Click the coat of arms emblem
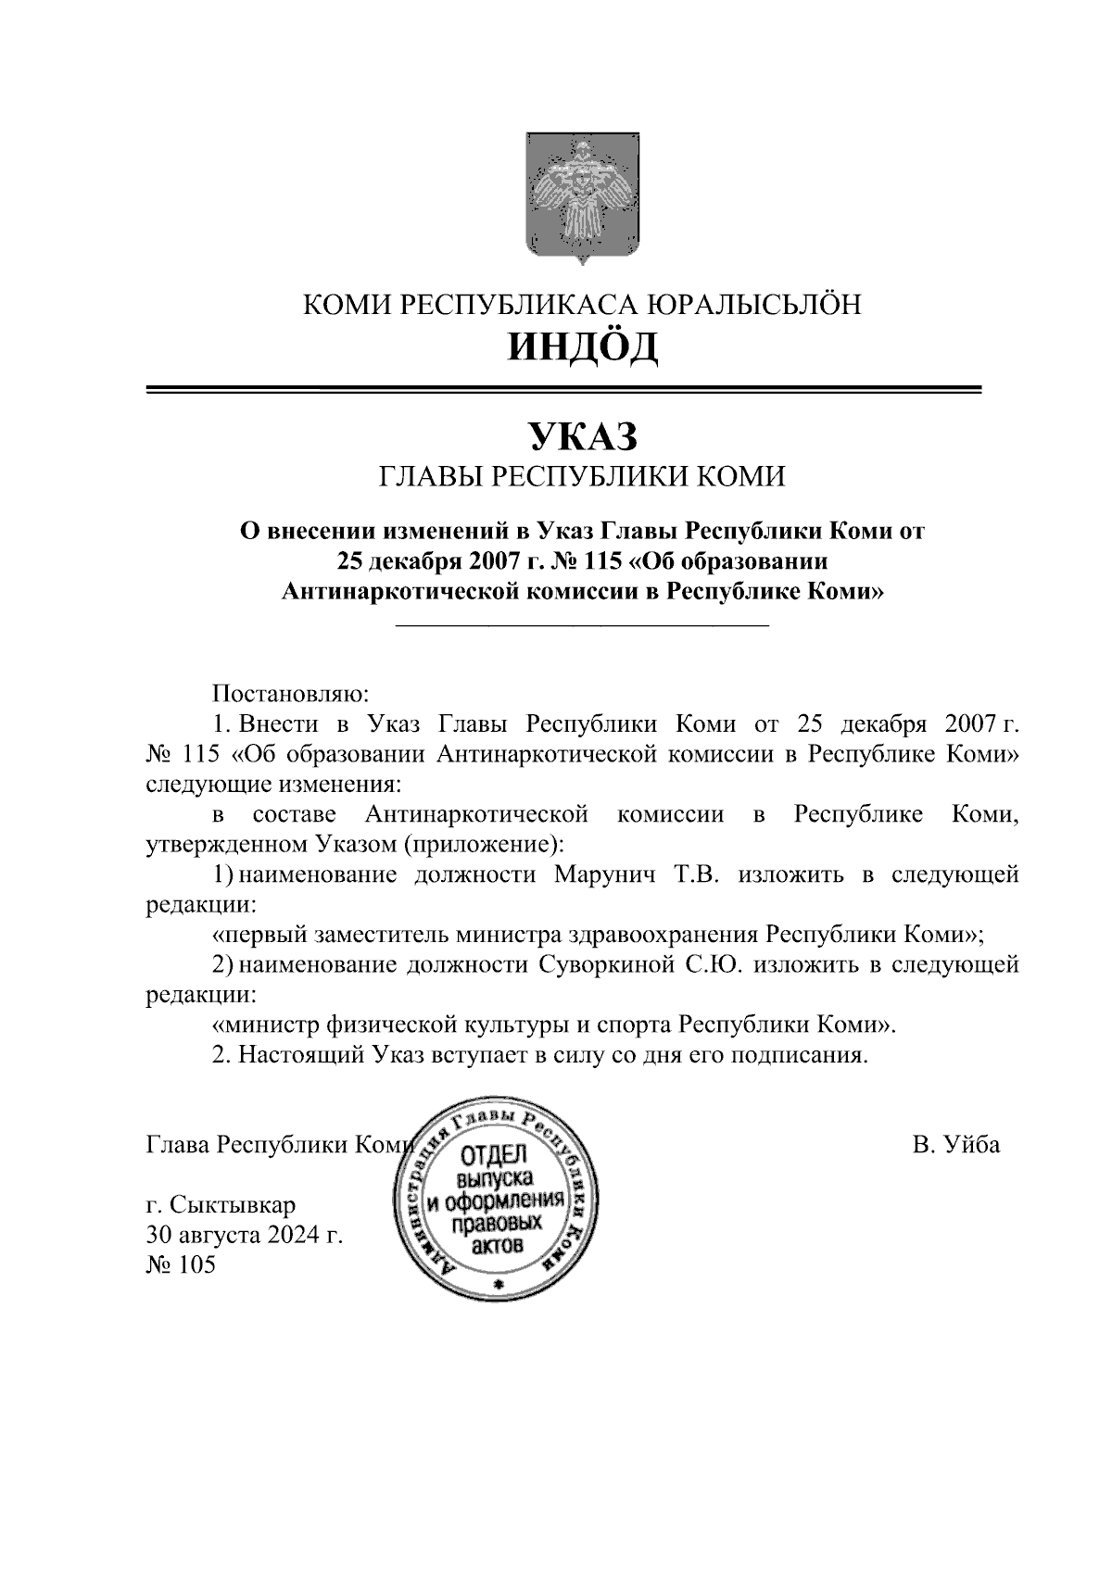583,198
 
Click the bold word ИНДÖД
583,346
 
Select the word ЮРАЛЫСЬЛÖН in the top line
752,304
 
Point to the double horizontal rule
563,391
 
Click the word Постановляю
291,693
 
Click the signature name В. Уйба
955,1145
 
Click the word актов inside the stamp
497,1247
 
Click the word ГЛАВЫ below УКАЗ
425,477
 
